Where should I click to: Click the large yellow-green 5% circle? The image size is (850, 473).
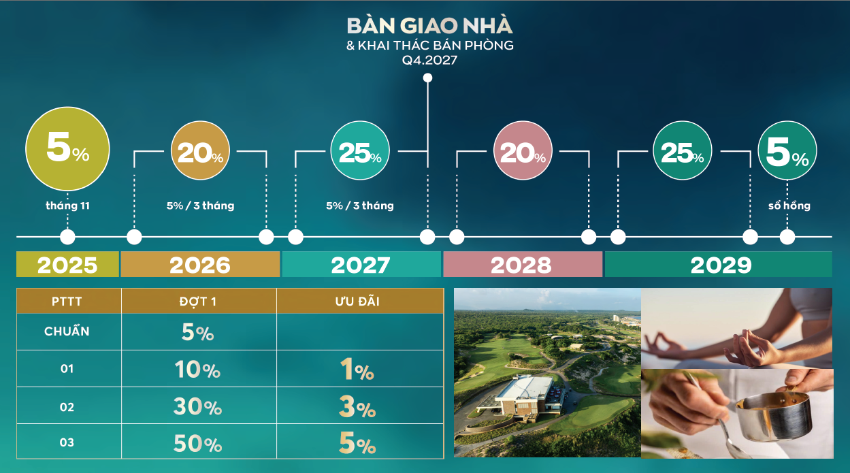pos(67,151)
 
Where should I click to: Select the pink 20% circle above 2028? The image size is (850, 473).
pos(523,152)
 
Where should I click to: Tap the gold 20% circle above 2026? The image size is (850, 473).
pos(200,152)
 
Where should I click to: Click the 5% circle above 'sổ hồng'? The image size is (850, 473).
pos(787,152)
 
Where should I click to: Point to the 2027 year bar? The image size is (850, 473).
pos(361,265)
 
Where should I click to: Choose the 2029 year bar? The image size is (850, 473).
pos(719,265)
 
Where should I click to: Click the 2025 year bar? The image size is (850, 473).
pos(67,265)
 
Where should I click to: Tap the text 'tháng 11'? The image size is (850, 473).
pos(67,206)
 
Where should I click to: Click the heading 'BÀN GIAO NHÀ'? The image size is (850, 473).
pos(429,26)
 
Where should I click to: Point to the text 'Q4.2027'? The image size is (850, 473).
pos(429,60)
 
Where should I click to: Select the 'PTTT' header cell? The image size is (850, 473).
pos(67,301)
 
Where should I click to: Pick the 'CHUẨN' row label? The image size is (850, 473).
pos(67,332)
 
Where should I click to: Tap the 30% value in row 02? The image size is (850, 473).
pos(197,407)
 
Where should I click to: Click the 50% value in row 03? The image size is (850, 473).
pos(197,444)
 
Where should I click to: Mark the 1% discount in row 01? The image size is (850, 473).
pos(357,370)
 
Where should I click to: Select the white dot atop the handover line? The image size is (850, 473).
pos(427,78)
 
